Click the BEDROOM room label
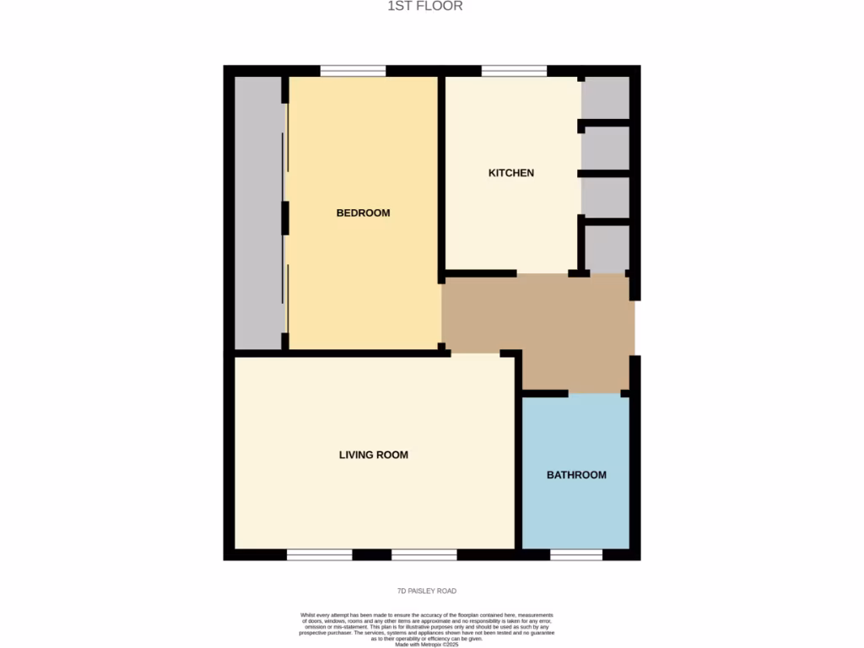tap(363, 213)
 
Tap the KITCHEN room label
tap(511, 173)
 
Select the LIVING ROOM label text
tap(373, 455)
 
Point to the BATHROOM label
tap(576, 475)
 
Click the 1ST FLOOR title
tap(424, 7)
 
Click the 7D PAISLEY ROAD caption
tap(427, 591)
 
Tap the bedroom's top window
tap(353, 71)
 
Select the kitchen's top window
tap(514, 71)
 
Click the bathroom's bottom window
tap(576, 555)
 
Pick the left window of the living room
tap(319, 555)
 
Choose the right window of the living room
tap(424, 555)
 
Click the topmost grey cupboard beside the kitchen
tap(606, 98)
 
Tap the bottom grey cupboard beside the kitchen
tap(607, 249)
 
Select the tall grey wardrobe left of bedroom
tap(258, 213)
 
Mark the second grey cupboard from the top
tap(606, 148)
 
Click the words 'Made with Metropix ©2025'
tap(427, 645)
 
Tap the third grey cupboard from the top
tap(606, 197)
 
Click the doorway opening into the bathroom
tap(595, 394)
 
